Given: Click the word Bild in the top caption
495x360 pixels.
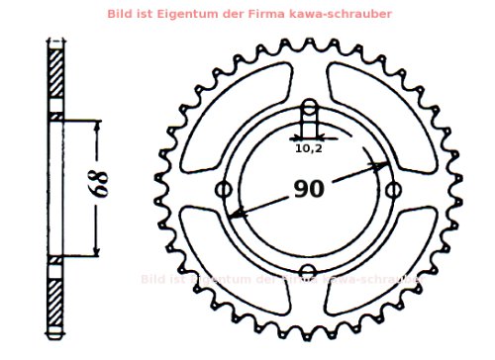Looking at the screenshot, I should [x=148, y=13].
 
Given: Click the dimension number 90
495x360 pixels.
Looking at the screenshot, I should [x=309, y=189].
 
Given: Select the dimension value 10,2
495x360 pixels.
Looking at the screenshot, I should [x=308, y=148].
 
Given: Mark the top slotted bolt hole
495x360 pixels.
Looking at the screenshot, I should [x=309, y=111].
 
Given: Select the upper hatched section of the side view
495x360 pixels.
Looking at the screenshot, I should [x=56, y=73].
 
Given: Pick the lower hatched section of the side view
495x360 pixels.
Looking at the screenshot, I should [x=56, y=296].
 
